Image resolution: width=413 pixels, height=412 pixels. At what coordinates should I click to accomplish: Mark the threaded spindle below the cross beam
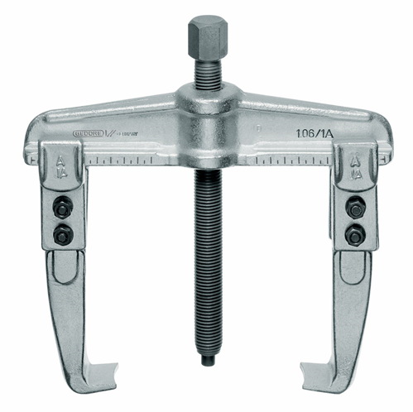(x=206, y=265)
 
